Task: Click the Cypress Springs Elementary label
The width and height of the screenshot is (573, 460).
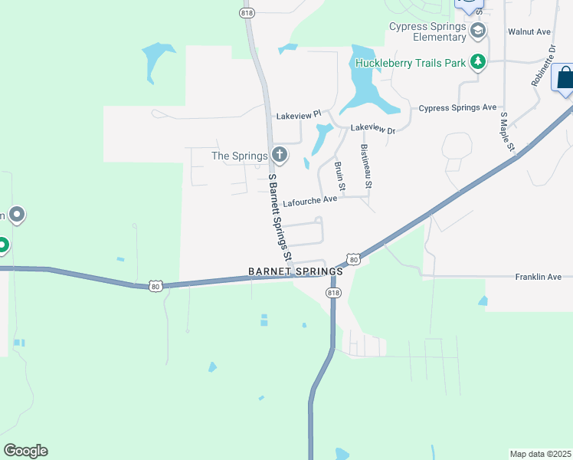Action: (427, 31)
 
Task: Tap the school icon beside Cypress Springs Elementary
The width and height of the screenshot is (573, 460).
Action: (479, 30)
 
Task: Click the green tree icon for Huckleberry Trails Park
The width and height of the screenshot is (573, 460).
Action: (479, 61)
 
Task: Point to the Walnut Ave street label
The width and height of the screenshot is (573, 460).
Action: (529, 32)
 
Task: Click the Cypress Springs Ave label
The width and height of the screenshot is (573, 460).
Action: (457, 108)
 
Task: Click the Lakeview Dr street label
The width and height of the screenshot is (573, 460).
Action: (373, 130)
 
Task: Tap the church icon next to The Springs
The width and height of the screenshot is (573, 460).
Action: (280, 156)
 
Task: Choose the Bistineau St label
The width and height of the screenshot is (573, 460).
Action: (365, 166)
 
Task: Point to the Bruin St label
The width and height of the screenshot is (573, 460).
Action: (339, 176)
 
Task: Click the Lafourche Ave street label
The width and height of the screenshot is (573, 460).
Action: (309, 202)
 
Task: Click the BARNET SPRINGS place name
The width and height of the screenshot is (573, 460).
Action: (296, 272)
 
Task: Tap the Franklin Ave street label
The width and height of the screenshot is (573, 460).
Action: (539, 277)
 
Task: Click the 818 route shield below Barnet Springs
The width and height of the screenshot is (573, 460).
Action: (333, 293)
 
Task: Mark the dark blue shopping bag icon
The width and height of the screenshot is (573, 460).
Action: (565, 79)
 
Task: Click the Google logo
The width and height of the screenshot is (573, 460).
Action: (25, 451)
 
